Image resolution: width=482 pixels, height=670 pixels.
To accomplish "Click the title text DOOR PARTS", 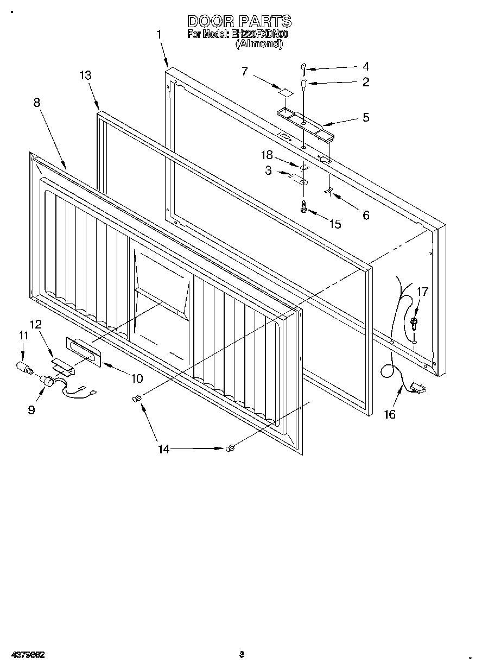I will [x=239, y=21].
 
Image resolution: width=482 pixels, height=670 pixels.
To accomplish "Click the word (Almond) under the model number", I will [x=258, y=45].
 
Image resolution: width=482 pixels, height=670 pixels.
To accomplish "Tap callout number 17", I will [x=422, y=292].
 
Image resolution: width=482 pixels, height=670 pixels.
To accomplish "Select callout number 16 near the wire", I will [x=389, y=415].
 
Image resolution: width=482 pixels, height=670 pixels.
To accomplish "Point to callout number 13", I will [x=85, y=75].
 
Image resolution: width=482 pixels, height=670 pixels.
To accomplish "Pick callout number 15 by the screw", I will [x=335, y=224].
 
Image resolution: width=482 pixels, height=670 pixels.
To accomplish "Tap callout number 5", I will [x=366, y=117].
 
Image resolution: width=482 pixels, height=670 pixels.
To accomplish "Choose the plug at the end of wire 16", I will [x=419, y=387].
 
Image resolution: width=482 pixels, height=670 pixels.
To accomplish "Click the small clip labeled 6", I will [x=328, y=190].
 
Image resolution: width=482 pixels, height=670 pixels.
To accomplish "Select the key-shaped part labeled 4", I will [x=303, y=67].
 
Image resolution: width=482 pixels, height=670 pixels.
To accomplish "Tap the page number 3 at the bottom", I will [x=242, y=654].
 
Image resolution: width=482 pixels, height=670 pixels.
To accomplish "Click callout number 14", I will [x=163, y=448].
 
